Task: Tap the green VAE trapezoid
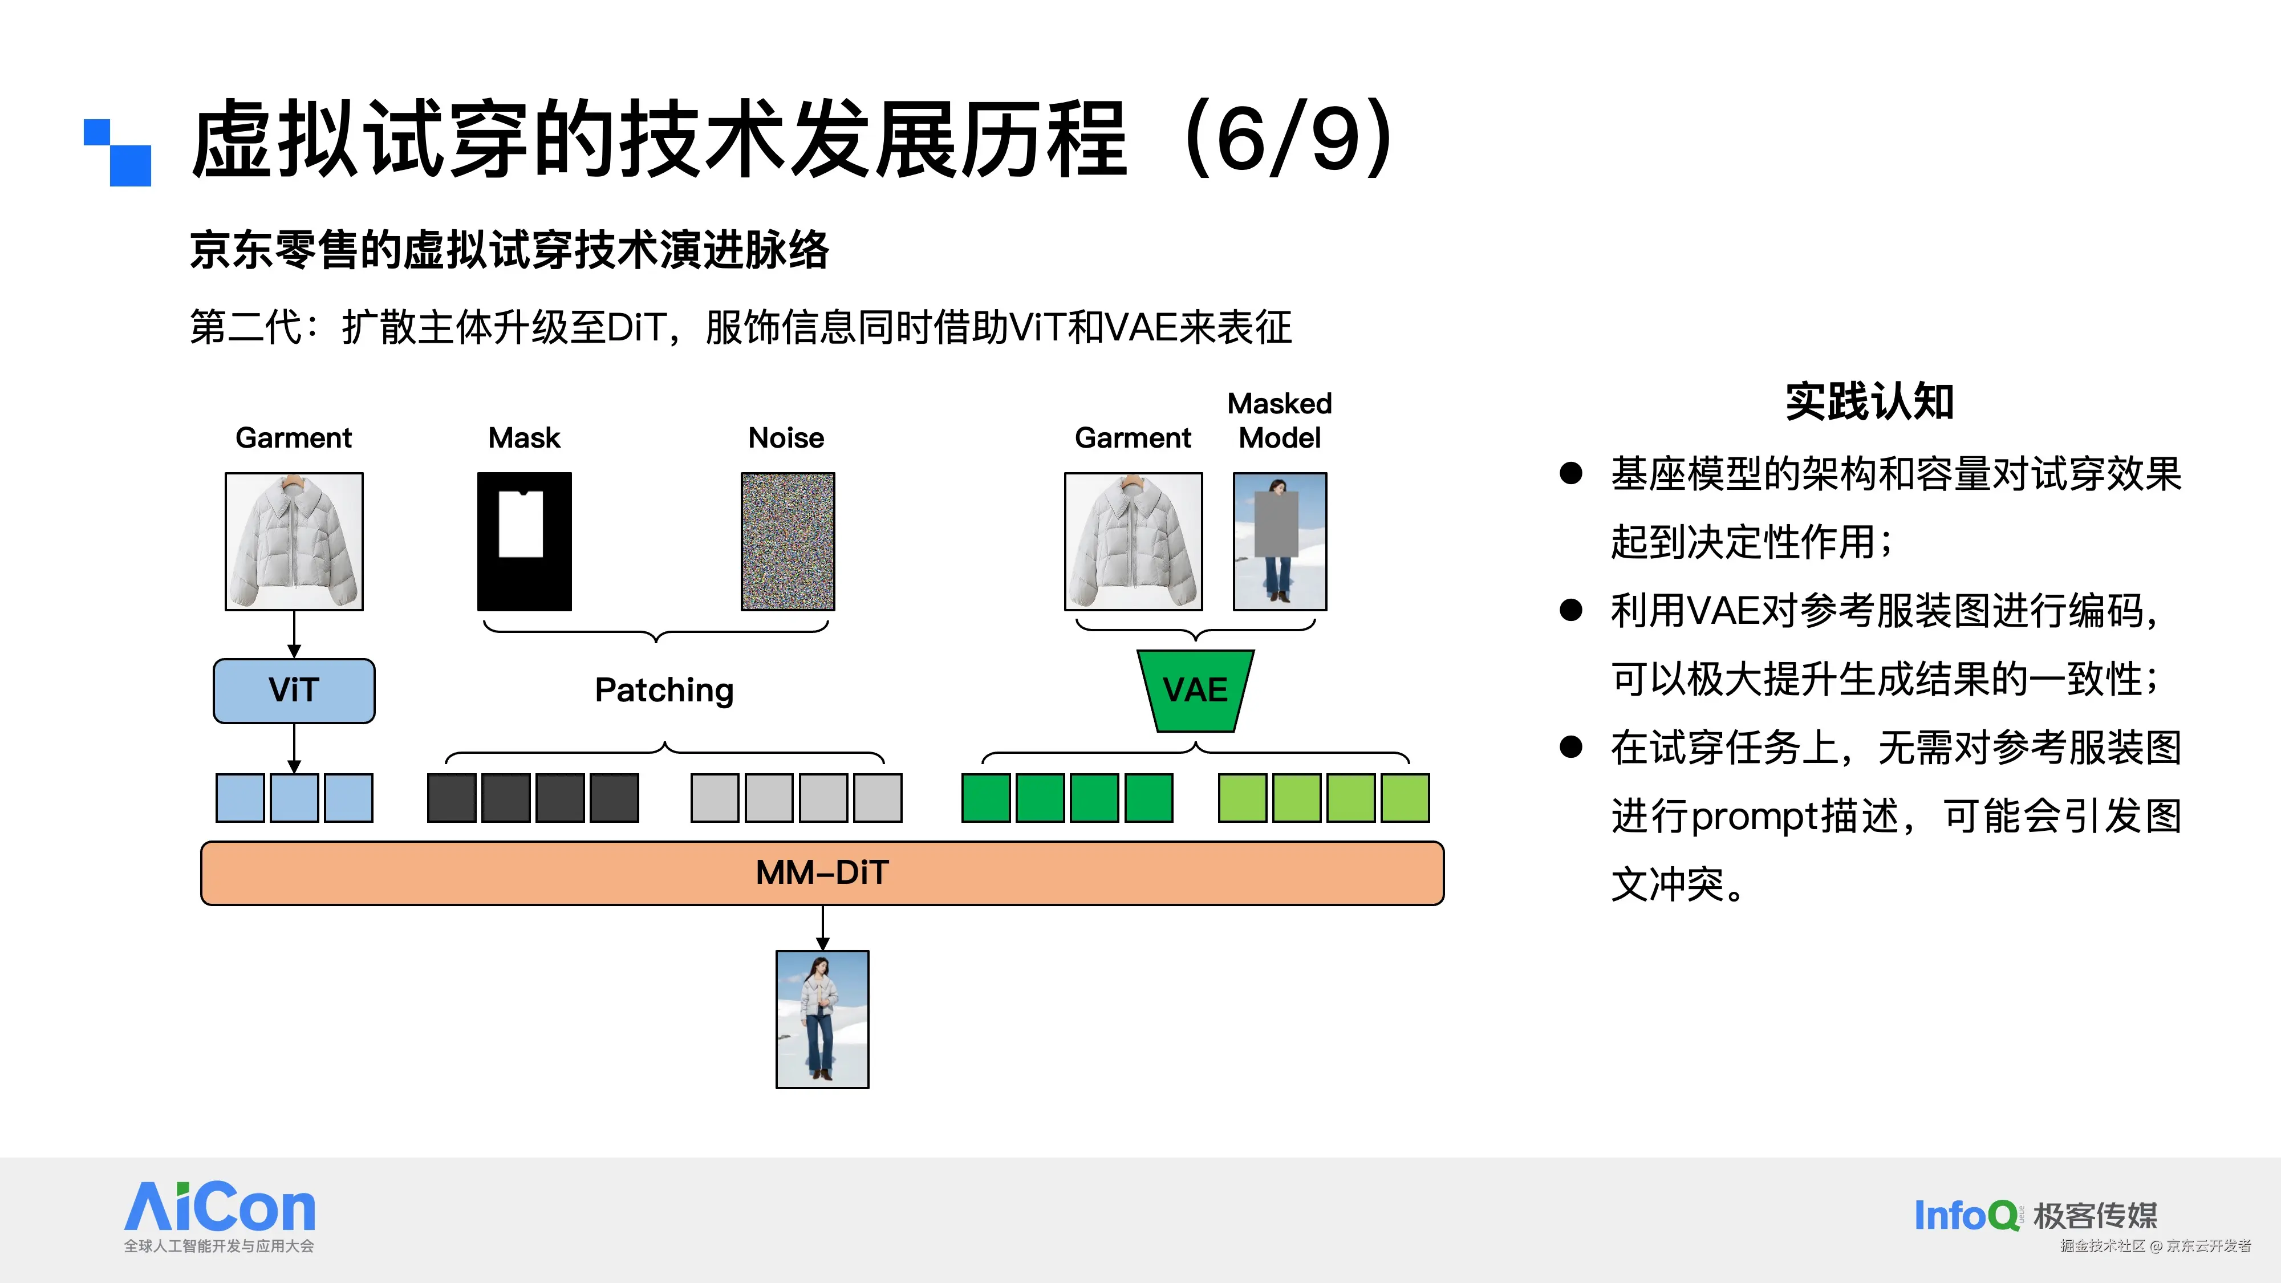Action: pos(1195,691)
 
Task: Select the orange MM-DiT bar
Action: pos(822,873)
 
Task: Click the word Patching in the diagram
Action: pos(664,691)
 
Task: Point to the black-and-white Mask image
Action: pos(524,541)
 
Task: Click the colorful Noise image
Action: pos(787,541)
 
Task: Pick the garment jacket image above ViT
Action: pos(294,541)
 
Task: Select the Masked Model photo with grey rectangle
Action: pos(1280,541)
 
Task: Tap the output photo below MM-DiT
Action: pos(822,1019)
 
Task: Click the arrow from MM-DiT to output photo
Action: pos(823,928)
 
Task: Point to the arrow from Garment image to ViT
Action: pos(294,634)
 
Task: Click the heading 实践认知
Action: pos(1869,402)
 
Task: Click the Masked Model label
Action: pos(1280,421)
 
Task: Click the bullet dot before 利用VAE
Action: pos(1571,610)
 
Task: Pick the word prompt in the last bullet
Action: pos(1751,817)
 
